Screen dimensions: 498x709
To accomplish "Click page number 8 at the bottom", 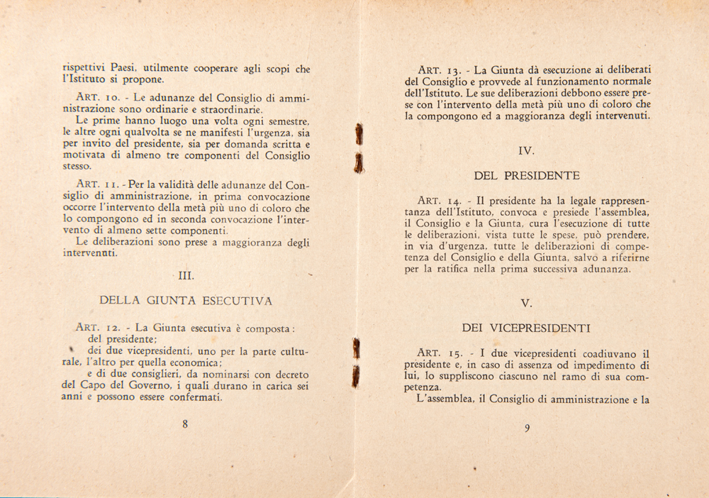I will (x=185, y=424).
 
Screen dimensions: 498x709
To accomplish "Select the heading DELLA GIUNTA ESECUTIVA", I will (x=186, y=301).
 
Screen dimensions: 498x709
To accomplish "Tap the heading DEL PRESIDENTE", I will (x=527, y=175).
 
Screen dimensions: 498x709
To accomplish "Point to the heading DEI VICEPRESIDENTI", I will (x=527, y=328).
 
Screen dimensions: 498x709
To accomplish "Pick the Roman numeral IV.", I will (x=527, y=150).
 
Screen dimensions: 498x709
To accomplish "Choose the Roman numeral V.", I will (x=526, y=303).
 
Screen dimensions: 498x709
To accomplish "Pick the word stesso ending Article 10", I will (x=77, y=167).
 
